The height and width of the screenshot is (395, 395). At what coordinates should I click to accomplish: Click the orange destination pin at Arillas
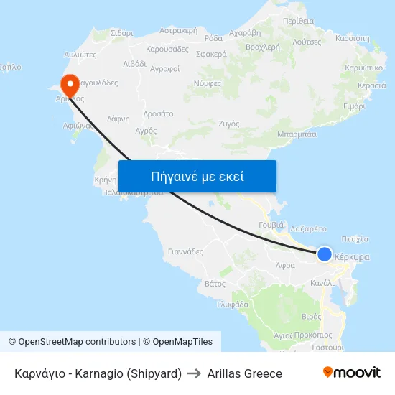point(70,84)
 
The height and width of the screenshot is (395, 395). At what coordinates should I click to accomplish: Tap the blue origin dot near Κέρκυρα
point(325,254)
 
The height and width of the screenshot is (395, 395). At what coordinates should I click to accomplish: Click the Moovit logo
point(351,373)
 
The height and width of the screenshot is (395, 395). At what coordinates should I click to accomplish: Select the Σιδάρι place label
point(122,33)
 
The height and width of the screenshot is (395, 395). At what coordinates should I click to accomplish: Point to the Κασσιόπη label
point(352,38)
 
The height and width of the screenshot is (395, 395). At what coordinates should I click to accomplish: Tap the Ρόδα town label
point(213,39)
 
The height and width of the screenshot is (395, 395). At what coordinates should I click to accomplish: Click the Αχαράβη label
point(244,33)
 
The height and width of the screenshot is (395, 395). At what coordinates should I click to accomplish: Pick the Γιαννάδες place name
point(185,252)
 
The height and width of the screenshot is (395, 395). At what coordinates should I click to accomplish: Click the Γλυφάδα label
point(233,304)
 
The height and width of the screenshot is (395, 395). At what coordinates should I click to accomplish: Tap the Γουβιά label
point(271,225)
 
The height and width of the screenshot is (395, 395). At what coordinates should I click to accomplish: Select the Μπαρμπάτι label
point(297,134)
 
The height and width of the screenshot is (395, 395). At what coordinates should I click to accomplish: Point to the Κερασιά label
point(371,85)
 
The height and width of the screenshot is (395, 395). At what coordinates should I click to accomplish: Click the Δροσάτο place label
point(158,113)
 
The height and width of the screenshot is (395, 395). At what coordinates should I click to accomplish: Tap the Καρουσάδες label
point(167,50)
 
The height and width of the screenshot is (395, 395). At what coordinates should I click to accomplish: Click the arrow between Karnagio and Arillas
point(194,373)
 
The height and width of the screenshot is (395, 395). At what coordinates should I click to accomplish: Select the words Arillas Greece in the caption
point(244,373)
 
